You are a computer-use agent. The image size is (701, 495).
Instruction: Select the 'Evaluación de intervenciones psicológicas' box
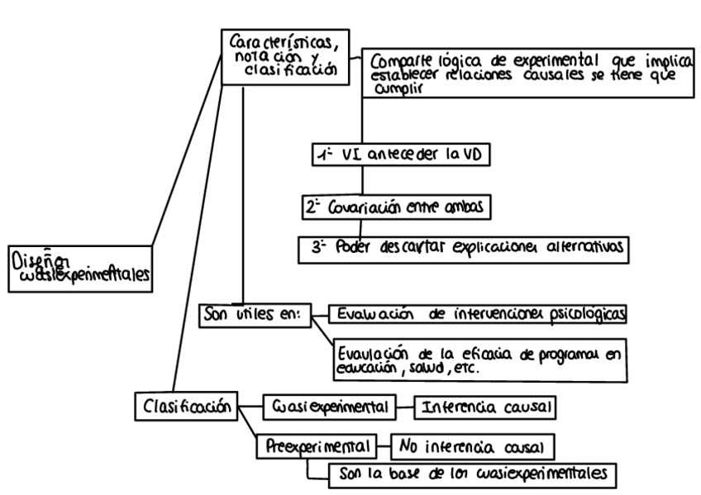pyautogui.click(x=474, y=315)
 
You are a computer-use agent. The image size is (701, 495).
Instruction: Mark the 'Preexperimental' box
pyautogui.click(x=317, y=446)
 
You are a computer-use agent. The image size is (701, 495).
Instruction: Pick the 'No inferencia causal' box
pyautogui.click(x=472, y=447)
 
